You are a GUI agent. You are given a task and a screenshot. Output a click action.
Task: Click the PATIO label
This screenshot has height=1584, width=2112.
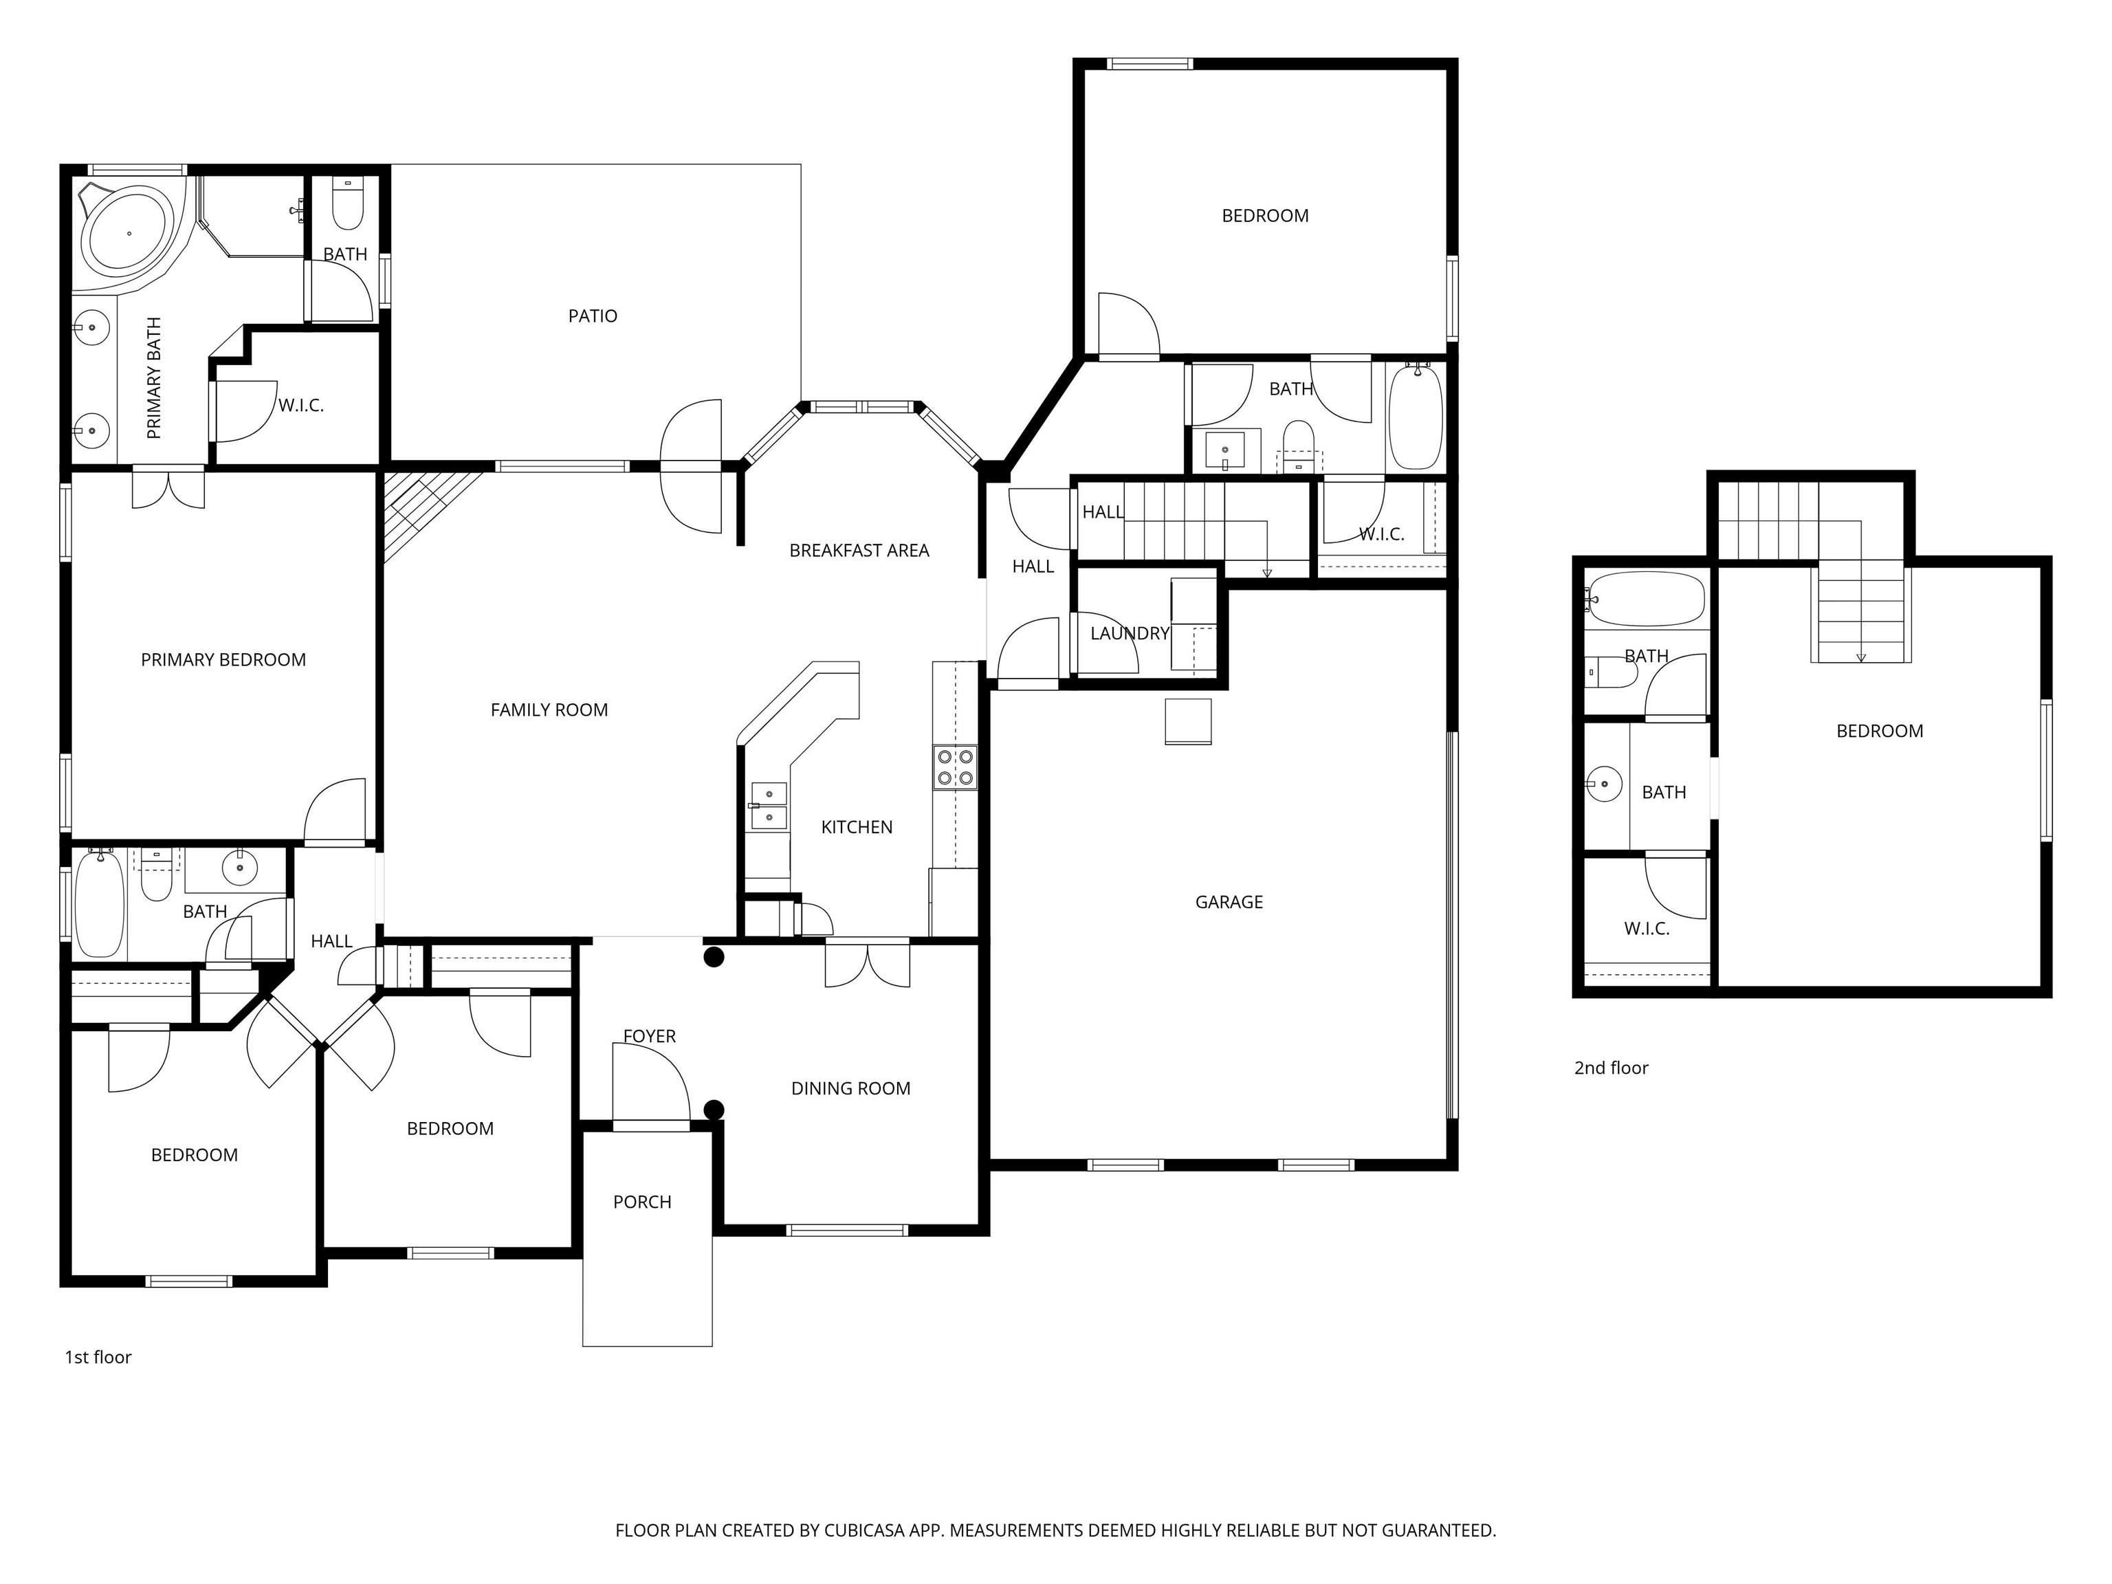592,316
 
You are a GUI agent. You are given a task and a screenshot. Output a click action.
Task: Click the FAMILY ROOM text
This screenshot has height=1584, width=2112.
549,709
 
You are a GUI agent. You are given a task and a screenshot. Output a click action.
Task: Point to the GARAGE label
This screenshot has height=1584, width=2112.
1229,902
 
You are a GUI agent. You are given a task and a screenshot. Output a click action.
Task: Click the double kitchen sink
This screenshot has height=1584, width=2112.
769,806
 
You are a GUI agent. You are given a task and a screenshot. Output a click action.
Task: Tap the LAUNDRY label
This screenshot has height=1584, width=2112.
1130,633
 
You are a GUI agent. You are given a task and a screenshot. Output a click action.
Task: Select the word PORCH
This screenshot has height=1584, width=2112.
641,1202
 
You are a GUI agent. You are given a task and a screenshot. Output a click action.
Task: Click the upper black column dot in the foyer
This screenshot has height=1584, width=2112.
713,957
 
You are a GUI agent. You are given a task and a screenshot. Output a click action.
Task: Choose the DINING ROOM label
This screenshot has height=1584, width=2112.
850,1088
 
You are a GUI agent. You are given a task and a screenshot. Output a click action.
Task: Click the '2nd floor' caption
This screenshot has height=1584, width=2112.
1611,1068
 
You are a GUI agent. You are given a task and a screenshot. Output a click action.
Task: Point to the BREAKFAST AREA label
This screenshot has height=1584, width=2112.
859,551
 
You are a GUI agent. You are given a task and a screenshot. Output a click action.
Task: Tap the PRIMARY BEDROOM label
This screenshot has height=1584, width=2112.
223,660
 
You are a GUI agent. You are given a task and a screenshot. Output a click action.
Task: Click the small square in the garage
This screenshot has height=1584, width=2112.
1188,721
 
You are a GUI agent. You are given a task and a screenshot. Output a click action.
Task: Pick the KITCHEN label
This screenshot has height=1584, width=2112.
857,827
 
